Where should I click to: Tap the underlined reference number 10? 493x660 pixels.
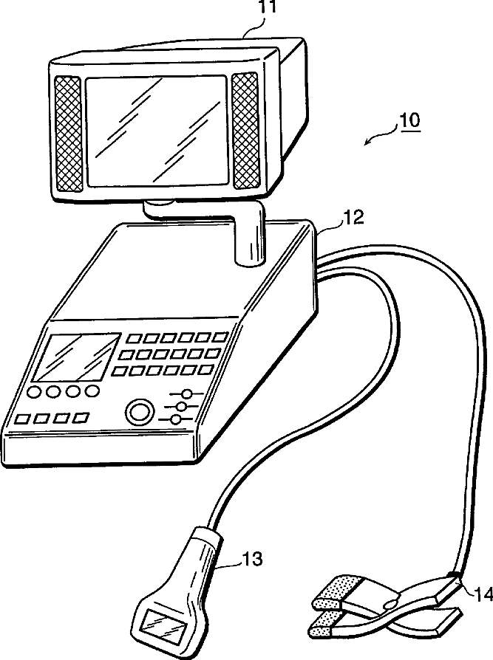[409, 120]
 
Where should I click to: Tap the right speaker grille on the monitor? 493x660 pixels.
[245, 130]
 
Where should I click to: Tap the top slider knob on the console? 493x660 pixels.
[188, 394]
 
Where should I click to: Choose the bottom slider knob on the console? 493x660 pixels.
[175, 420]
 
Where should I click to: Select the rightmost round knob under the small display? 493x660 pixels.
[92, 390]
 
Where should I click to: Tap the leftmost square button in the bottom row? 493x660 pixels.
[22, 419]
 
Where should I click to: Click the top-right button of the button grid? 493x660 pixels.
[220, 337]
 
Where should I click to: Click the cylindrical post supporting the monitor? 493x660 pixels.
[249, 234]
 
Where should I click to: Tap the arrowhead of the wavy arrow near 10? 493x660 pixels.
[367, 143]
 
